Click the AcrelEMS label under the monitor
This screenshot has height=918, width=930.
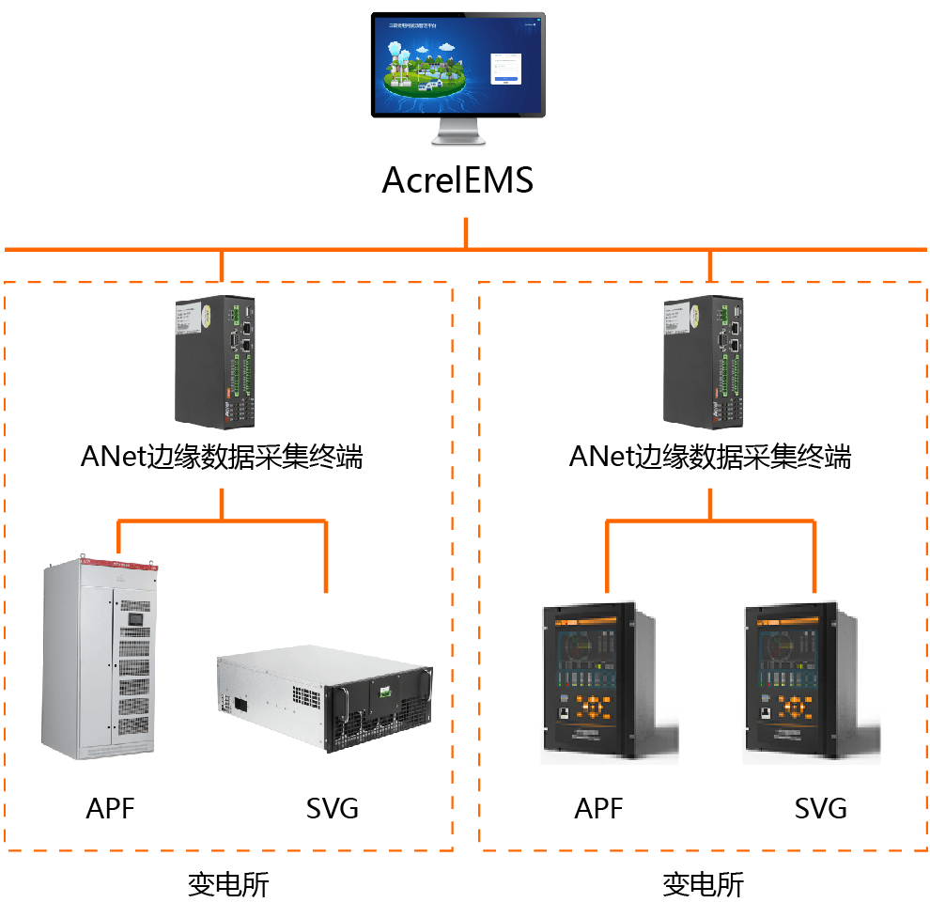pos(457,179)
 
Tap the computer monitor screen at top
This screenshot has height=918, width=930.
pos(457,64)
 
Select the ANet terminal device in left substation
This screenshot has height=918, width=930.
pos(215,361)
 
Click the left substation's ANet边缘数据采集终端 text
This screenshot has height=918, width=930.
pos(222,458)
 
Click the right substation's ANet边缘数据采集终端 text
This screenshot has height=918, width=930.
pos(710,458)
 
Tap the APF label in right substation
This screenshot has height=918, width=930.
pos(598,808)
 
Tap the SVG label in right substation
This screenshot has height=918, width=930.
pos(821,808)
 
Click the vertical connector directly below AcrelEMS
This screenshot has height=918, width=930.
pos(465,233)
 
